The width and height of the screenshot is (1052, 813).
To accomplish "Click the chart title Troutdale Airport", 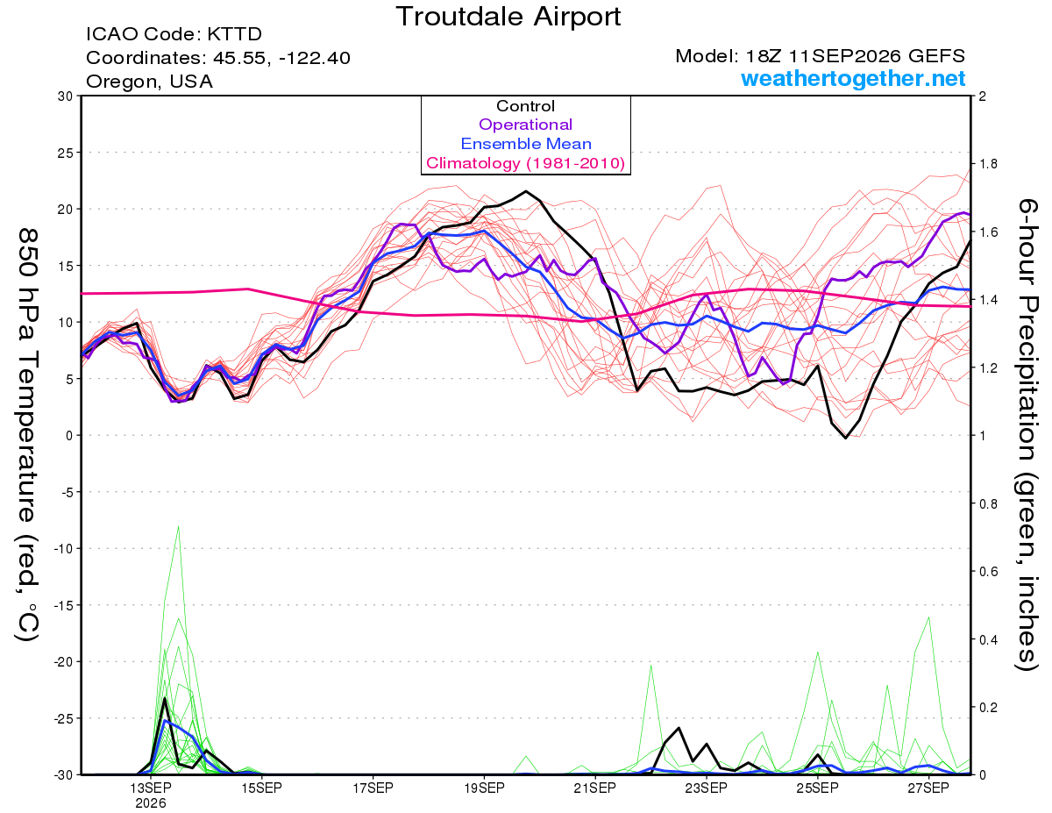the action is click(508, 17).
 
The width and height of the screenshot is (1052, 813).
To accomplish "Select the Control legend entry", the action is click(525, 106).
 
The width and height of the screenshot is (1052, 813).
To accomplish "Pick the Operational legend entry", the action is click(525, 125).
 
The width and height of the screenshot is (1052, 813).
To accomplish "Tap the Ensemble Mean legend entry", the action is click(526, 144).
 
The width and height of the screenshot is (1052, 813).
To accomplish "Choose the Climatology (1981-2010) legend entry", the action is click(526, 163).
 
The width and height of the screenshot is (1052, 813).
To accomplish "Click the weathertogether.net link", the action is click(853, 78).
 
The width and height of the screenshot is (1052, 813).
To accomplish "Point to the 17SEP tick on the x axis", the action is click(373, 788).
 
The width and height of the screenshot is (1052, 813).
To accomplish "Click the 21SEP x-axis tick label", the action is click(595, 788).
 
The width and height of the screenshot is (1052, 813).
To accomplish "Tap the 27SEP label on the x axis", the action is click(928, 788).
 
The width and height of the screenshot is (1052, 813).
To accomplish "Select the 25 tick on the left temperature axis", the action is click(65, 153).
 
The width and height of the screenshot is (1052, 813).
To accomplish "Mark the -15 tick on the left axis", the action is click(62, 605).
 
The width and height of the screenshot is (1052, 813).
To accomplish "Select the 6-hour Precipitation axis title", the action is click(1027, 435).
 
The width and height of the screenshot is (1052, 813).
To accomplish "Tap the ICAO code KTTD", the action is click(235, 34).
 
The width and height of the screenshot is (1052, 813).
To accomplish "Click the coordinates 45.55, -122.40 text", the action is click(281, 58).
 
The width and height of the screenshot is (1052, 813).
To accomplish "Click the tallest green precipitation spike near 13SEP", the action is click(178, 526).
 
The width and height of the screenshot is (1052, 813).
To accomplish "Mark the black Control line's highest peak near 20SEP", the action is click(526, 191).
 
